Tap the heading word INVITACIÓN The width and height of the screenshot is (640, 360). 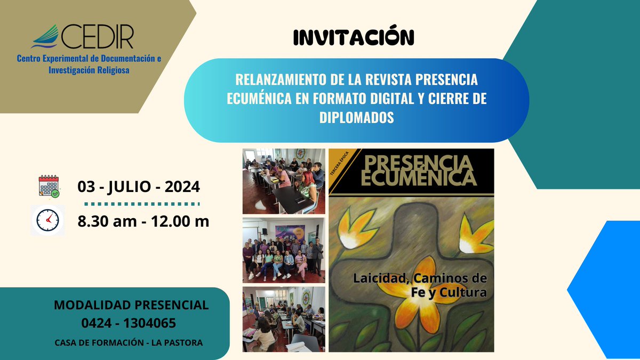(354, 37)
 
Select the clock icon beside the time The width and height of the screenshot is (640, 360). (48, 220)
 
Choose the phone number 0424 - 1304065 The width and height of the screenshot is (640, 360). (129, 323)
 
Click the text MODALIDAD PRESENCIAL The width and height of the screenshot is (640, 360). (131, 306)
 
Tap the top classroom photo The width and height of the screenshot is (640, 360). (284, 181)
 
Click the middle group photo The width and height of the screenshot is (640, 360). (284, 250)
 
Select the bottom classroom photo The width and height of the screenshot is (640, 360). (284, 319)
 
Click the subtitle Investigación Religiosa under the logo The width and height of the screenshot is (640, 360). (89, 70)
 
